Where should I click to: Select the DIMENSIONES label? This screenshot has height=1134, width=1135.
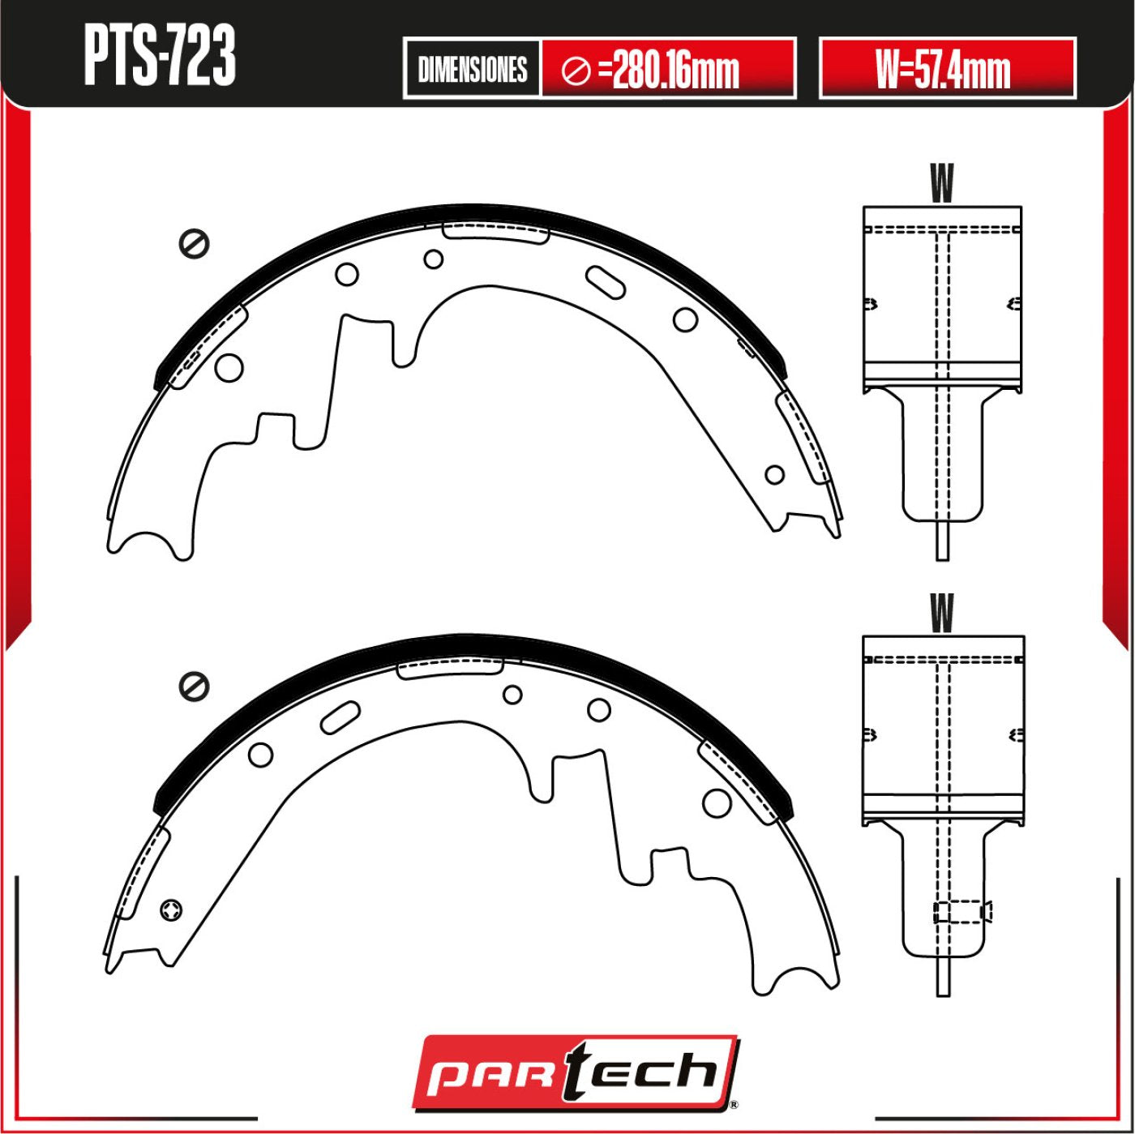coord(472,70)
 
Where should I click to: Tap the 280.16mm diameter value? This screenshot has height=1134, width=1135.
coord(676,70)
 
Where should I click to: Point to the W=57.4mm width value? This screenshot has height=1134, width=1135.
coord(944,70)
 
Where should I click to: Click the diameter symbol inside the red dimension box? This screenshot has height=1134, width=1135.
coord(576,71)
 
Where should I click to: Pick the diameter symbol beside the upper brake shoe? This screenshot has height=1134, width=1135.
coord(195,244)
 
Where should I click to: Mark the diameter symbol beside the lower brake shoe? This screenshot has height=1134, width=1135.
coord(195,687)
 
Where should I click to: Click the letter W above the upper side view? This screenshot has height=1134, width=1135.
coord(941,183)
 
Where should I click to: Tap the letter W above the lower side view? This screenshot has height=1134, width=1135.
coord(941,614)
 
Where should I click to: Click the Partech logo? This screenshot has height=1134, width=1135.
coord(575,1071)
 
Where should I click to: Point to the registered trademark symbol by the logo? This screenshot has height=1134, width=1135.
coord(734,1104)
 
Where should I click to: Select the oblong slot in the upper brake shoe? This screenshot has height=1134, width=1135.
coord(605,281)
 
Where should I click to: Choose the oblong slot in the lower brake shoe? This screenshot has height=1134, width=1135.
coord(340,717)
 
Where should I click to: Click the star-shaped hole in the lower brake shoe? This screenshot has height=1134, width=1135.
coord(172,910)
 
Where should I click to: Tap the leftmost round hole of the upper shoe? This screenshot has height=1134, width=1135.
coord(229,367)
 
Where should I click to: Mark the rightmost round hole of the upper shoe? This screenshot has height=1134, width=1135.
coord(775,474)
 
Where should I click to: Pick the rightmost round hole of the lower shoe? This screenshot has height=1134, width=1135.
coord(717,802)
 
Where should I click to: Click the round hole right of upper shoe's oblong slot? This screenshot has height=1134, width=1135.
coord(685,319)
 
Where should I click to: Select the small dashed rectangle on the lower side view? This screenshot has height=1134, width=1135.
coord(962,912)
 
